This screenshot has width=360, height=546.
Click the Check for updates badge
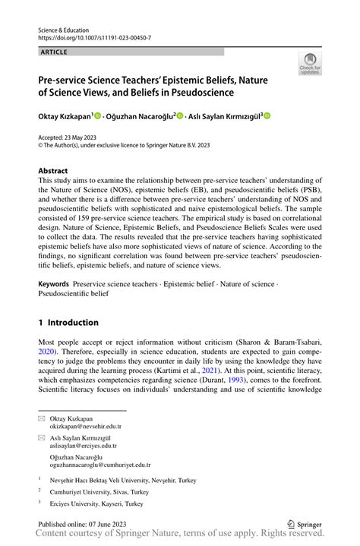310,64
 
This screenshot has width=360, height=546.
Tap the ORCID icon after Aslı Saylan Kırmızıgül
267,116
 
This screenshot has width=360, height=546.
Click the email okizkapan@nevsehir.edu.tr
86,427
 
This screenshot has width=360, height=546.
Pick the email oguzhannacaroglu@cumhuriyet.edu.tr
100,464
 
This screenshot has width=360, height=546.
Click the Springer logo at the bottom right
305,523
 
